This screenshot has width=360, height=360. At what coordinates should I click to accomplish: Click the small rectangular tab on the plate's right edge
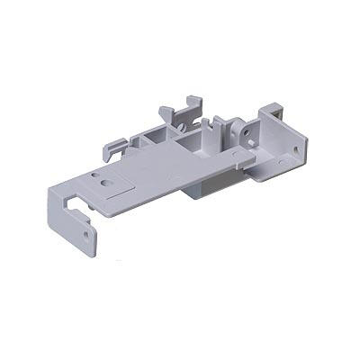tap(238, 157)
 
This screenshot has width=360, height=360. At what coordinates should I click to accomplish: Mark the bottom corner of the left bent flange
tap(93, 255)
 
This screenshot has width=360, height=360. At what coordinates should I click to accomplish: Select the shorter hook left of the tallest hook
tap(168, 114)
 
